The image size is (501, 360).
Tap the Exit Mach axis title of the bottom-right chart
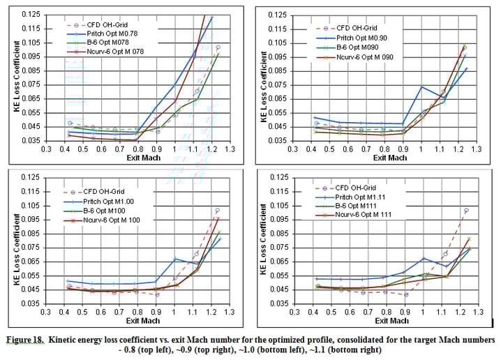(x=389, y=320)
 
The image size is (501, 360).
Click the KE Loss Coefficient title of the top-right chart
(x=264, y=78)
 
